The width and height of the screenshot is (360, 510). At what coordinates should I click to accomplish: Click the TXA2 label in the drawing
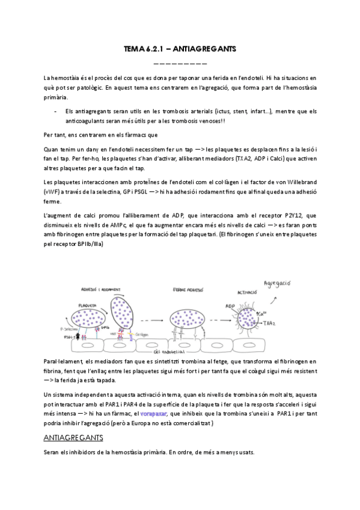point(272,324)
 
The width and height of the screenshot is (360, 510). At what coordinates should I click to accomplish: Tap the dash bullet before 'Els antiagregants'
point(55,111)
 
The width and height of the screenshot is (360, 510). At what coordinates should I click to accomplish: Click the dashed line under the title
point(180,63)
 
